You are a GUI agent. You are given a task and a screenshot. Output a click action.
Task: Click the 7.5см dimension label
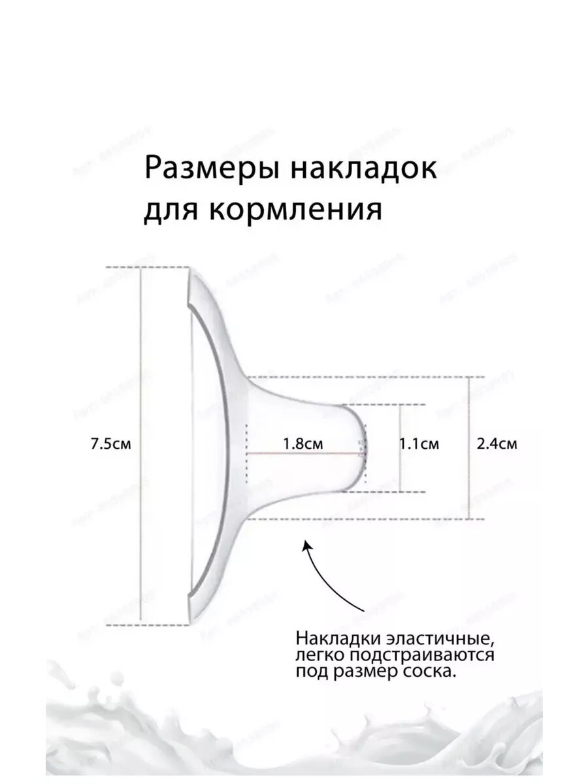pos(111,445)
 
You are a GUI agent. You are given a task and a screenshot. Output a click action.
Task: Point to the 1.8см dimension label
pos(302,444)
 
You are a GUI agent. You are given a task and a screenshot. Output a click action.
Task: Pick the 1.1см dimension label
pos(419,444)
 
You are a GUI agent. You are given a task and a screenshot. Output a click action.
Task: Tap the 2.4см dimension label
pos(497,444)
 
